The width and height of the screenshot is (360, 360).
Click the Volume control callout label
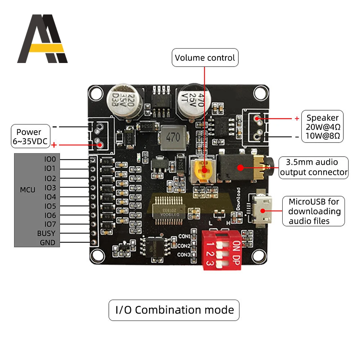(205, 58)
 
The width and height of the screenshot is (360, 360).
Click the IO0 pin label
(50, 159)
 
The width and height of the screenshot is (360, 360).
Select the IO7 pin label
(50, 224)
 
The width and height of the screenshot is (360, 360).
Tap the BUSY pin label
(46, 233)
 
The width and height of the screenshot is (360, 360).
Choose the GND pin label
(48, 243)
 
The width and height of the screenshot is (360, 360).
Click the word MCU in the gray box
(28, 189)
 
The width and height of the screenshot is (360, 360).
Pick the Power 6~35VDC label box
(29, 137)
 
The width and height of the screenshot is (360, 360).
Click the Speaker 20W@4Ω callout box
(323, 127)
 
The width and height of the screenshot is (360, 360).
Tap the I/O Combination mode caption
(174, 310)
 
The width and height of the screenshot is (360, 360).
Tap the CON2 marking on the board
(184, 246)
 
